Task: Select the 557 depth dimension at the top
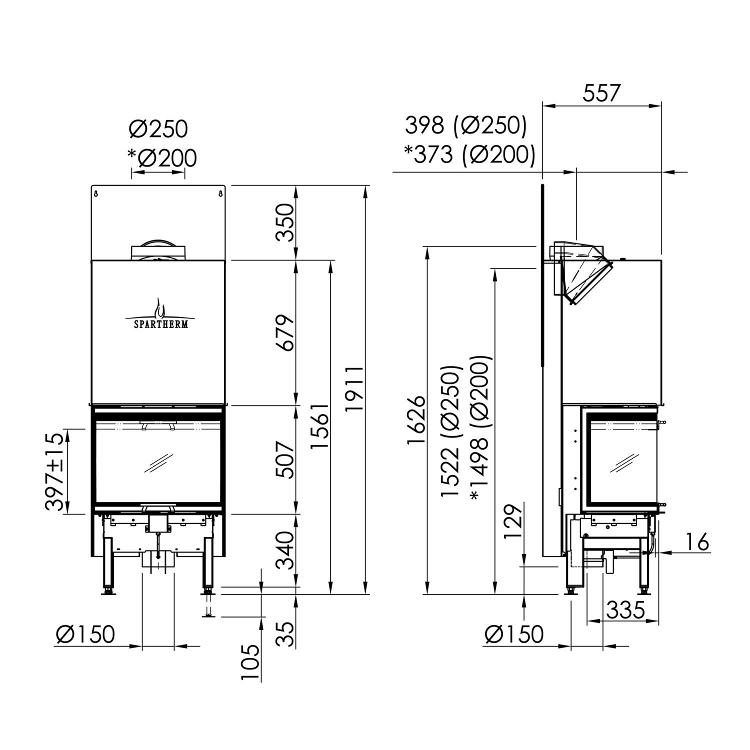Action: [x=601, y=93]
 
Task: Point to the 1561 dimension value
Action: [x=320, y=426]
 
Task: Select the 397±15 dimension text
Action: [x=55, y=471]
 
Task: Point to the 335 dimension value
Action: [x=625, y=610]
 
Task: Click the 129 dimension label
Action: [x=513, y=521]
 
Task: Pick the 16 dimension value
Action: [x=697, y=542]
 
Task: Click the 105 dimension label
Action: [x=251, y=662]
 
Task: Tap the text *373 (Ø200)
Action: [x=469, y=154]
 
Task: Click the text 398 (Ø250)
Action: [x=465, y=125]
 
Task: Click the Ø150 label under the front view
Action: [x=85, y=634]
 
